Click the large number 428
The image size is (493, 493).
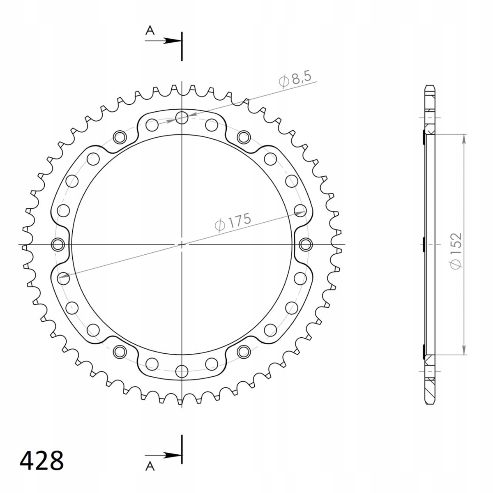click(41, 461)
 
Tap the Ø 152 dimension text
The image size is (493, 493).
click(456, 251)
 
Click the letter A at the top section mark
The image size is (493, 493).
click(150, 31)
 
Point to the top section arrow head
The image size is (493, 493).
click(171, 40)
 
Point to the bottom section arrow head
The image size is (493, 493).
click(171, 455)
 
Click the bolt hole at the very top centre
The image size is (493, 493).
click(182, 117)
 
